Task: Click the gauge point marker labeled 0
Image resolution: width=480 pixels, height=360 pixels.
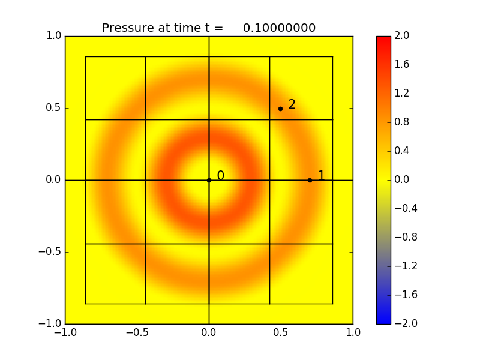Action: (209, 180)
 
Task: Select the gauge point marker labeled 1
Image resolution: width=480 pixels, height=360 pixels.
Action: (310, 180)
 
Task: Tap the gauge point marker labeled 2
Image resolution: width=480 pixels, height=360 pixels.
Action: (280, 109)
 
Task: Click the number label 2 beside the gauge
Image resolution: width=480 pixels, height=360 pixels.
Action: (292, 104)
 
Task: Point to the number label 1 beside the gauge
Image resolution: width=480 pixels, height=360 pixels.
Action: (321, 176)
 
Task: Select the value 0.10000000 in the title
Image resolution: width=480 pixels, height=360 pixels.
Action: (279, 28)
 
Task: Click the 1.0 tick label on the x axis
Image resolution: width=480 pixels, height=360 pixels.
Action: (353, 332)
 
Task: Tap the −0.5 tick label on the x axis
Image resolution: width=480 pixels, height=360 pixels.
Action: (136, 332)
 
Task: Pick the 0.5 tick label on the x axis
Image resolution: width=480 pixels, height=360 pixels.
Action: (281, 332)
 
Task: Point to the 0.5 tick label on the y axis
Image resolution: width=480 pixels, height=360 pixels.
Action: (53, 108)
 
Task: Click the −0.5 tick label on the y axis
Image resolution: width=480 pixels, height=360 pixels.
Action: (51, 252)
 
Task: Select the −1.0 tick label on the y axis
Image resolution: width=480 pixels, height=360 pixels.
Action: (51, 324)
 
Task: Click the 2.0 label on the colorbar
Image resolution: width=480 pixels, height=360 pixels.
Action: (402, 36)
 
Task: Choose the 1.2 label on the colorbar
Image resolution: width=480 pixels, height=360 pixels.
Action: (402, 94)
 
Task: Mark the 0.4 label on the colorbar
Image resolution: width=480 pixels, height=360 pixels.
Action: (402, 151)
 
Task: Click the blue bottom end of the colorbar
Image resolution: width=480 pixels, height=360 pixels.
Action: (383, 320)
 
